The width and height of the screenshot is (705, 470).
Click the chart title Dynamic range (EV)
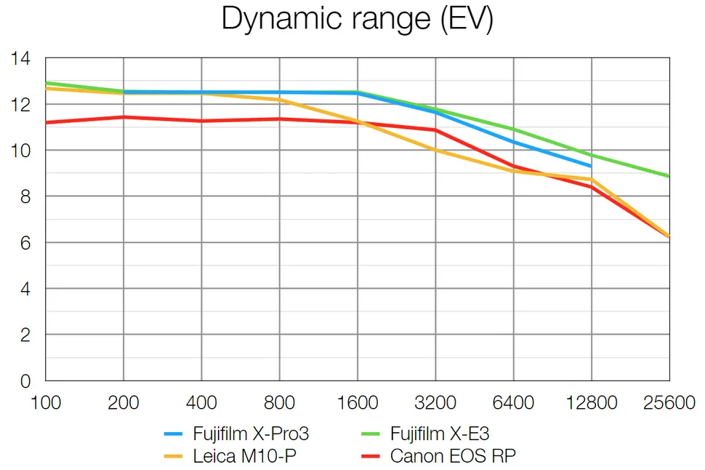(x=357, y=19)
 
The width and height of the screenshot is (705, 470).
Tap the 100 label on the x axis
(x=46, y=402)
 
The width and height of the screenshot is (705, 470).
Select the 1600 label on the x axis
(x=358, y=402)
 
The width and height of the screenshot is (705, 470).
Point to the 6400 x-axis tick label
(x=514, y=402)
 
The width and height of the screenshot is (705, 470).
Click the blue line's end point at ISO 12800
(x=592, y=167)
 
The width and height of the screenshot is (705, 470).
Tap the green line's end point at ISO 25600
(x=669, y=176)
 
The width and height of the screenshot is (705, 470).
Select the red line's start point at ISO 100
(x=46, y=122)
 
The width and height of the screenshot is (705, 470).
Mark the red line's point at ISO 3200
(x=435, y=130)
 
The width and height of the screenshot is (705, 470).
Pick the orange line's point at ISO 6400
(x=514, y=171)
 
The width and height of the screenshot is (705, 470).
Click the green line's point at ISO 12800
(x=592, y=155)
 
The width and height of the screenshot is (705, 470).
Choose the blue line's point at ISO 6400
(x=514, y=142)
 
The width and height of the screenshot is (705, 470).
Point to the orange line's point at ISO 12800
(x=592, y=179)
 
